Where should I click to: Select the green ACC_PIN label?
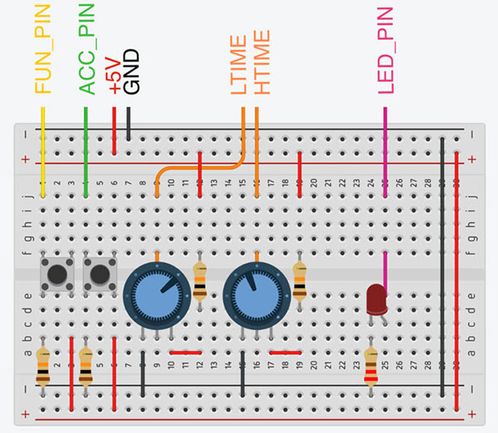tap(86, 50)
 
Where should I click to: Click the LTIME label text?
tap(240, 65)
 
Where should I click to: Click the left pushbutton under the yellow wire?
tap(56, 272)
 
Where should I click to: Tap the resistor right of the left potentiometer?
tap(199, 280)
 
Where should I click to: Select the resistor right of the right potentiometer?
tap(300, 280)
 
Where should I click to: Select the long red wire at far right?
tap(457, 274)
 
